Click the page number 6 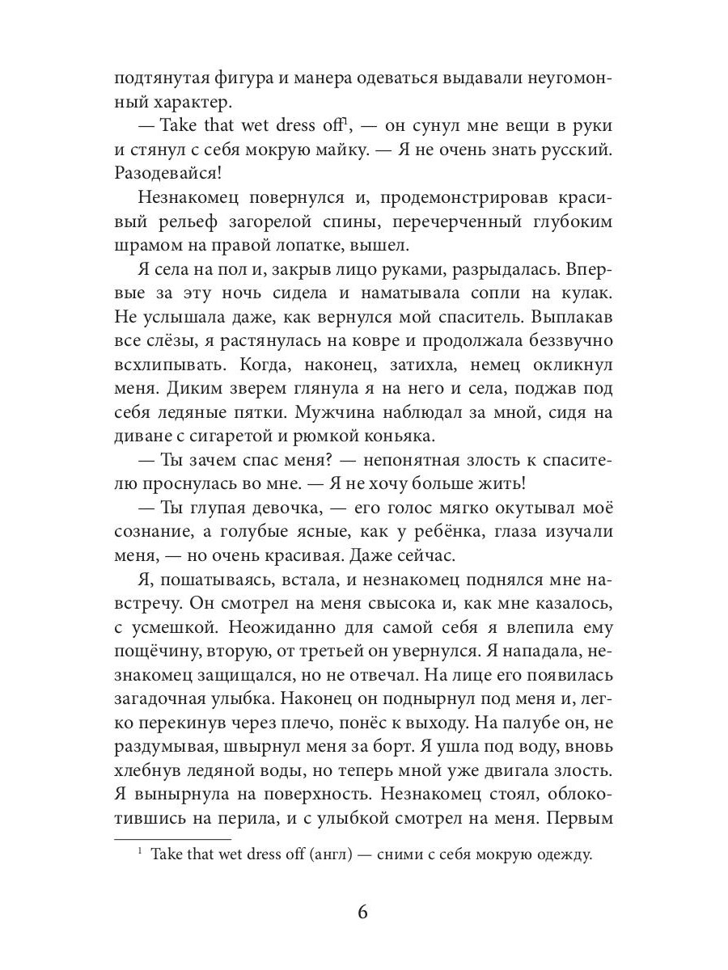point(362,913)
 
